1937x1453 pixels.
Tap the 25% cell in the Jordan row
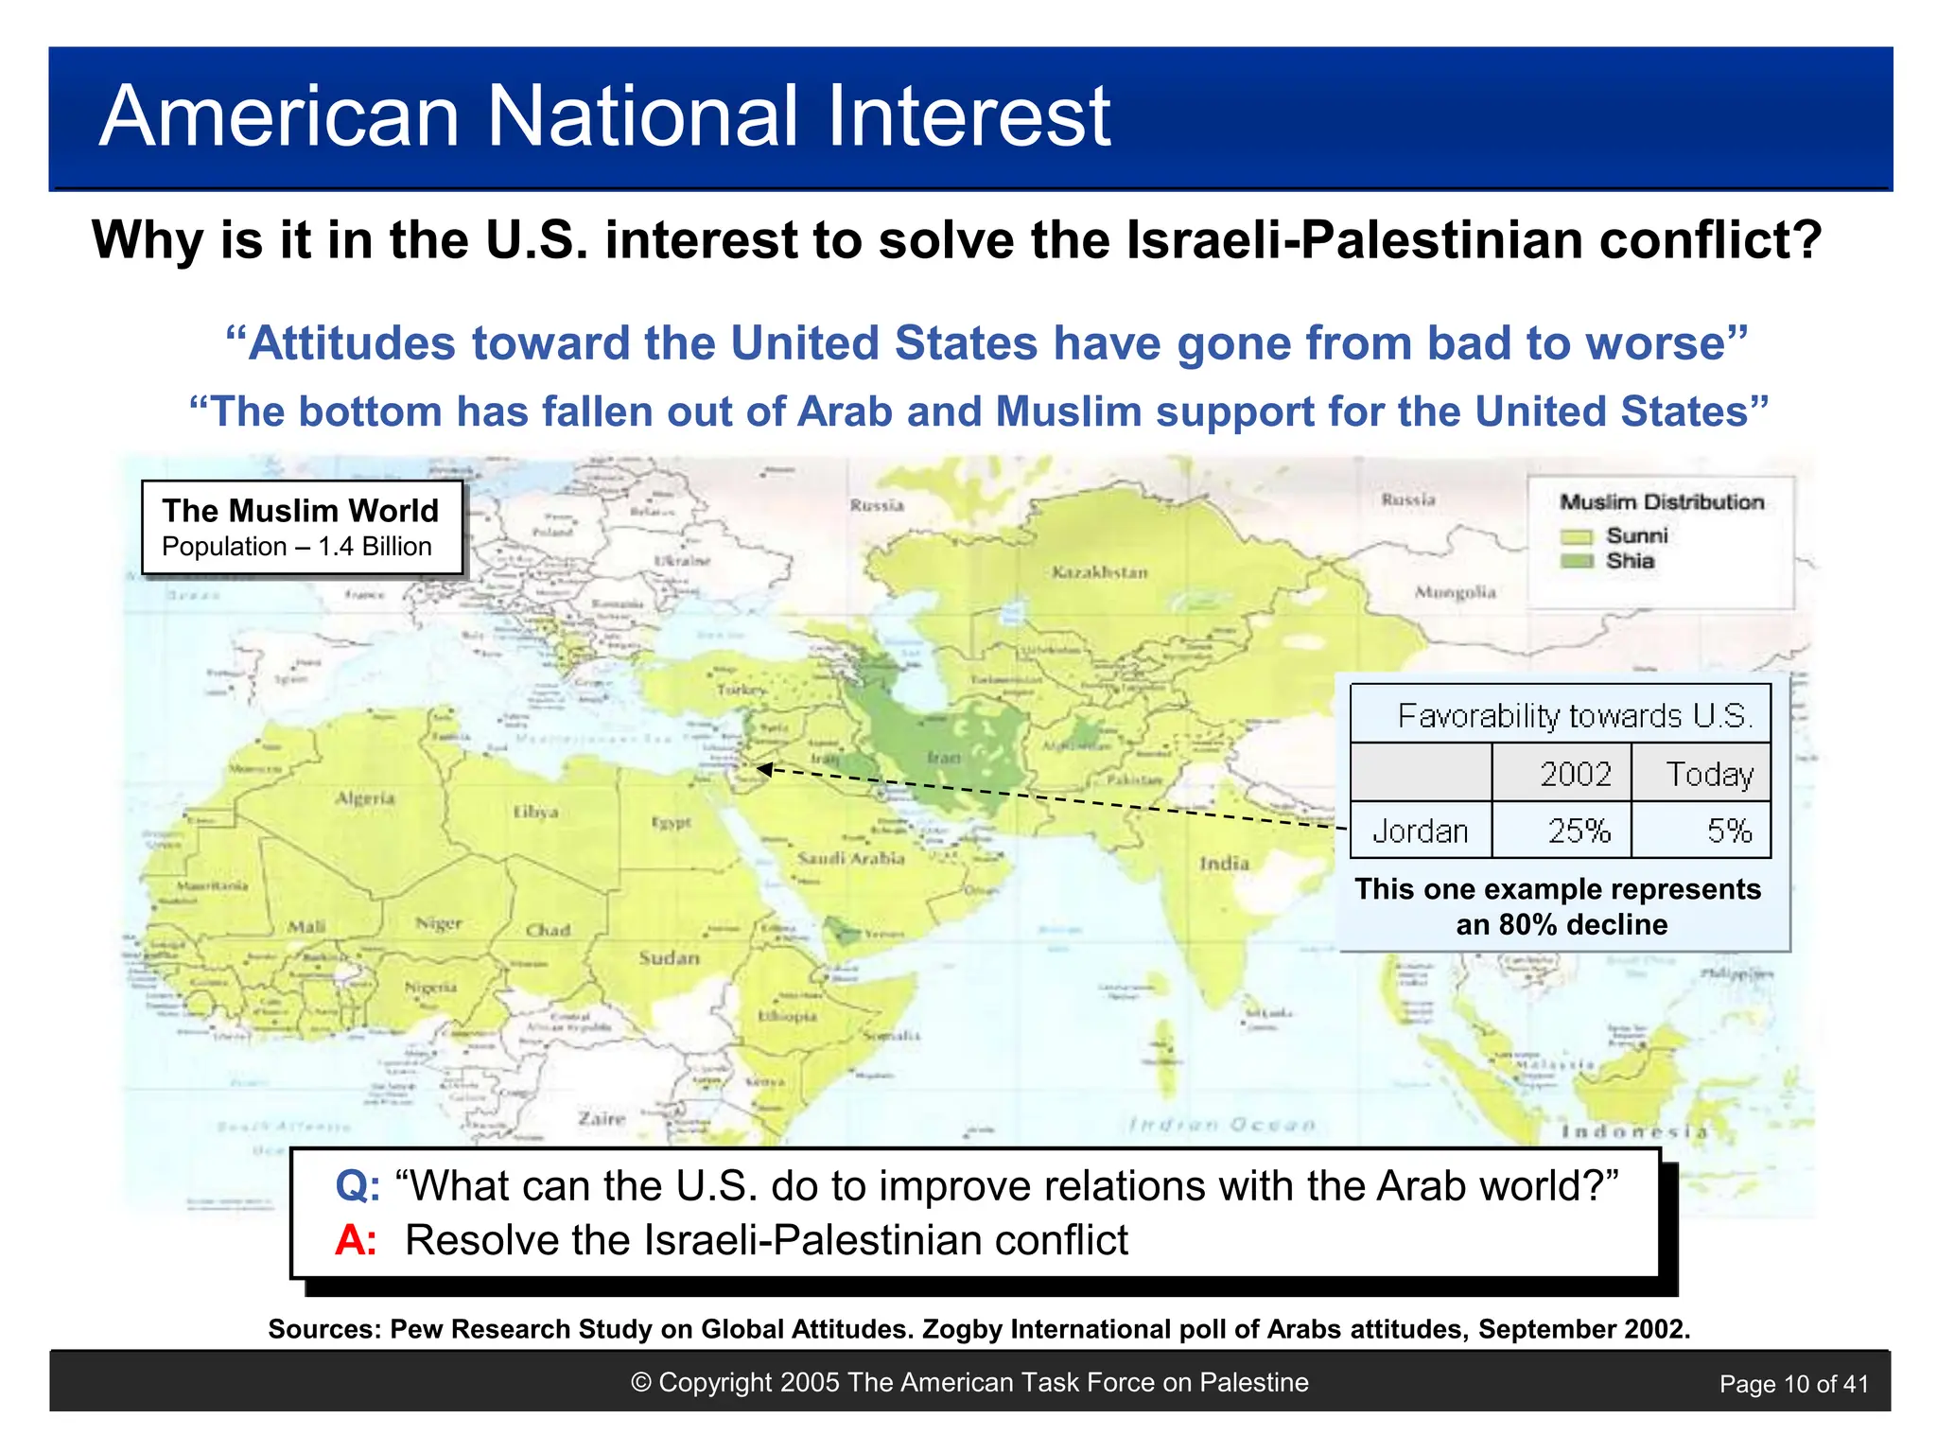[x=1579, y=832]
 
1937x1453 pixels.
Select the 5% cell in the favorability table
[x=1728, y=832]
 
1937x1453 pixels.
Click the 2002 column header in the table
[x=1575, y=774]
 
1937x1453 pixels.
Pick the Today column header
[x=1709, y=774]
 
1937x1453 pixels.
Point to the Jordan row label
[x=1420, y=832]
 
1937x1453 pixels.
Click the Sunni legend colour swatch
[x=1577, y=537]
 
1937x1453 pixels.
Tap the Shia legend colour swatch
[x=1577, y=561]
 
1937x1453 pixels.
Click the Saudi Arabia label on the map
[x=851, y=859]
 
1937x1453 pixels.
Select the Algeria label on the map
[x=365, y=798]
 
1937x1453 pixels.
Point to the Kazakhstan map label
[x=1099, y=572]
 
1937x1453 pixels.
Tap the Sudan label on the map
[x=669, y=957]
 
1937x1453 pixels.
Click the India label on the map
[x=1224, y=863]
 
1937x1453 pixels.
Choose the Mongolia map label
[x=1455, y=593]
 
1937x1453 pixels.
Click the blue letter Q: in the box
[x=358, y=1185]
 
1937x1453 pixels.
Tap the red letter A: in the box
[x=356, y=1240]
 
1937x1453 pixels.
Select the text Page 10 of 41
[x=1793, y=1384]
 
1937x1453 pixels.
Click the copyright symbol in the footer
[x=641, y=1382]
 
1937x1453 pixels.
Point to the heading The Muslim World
[x=301, y=511]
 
